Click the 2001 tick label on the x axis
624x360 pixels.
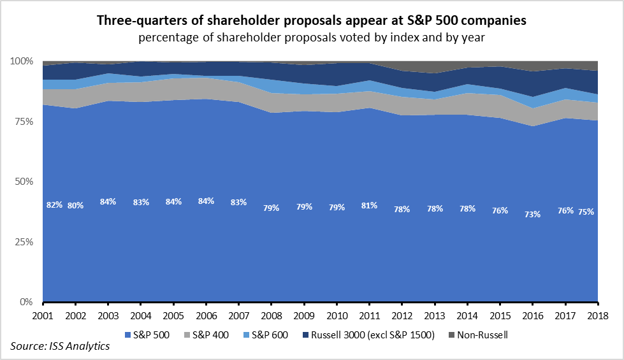tap(43, 317)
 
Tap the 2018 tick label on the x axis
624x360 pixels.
tap(597, 317)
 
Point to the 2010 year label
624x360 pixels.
tap(337, 317)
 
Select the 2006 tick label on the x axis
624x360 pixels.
tap(206, 317)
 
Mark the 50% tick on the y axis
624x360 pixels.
tap(24, 182)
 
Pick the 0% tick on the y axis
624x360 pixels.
tap(26, 302)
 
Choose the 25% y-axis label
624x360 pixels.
tap(24, 242)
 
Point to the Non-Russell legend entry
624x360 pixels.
tap(479, 335)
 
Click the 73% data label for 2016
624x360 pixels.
tap(532, 215)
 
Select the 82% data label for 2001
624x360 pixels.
tap(54, 205)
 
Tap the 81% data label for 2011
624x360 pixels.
tap(369, 206)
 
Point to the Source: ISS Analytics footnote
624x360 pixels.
tap(60, 347)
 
